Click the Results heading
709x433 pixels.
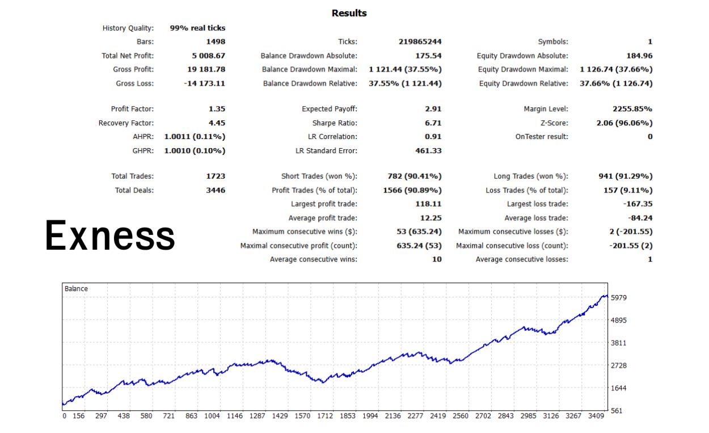tap(349, 13)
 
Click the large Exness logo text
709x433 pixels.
tap(110, 236)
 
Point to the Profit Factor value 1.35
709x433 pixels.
tap(217, 109)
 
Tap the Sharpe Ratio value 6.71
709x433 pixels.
tap(433, 123)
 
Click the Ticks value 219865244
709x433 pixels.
tap(420, 41)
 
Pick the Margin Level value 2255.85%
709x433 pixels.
tap(632, 109)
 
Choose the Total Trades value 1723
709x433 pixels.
tap(216, 176)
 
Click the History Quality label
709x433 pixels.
tap(128, 28)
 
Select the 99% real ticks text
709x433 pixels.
tap(197, 28)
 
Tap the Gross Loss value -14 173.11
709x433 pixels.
tap(205, 83)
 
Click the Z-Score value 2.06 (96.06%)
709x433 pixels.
tap(624, 123)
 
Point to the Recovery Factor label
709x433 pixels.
tap(126, 123)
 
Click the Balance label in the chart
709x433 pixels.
tap(76, 289)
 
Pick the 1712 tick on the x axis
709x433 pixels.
tap(325, 416)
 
